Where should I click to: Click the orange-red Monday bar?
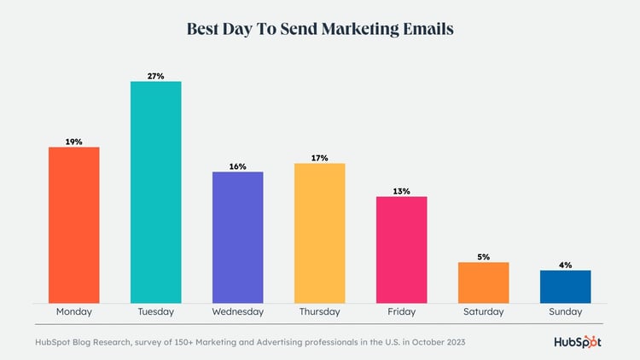[73, 224]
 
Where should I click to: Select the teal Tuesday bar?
[155, 192]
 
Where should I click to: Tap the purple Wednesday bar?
[237, 237]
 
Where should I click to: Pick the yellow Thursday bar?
[319, 233]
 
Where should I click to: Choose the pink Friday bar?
[401, 249]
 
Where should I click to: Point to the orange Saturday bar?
[483, 282]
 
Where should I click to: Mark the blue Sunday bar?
[565, 287]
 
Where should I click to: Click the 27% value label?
[155, 76]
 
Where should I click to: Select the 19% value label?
[73, 142]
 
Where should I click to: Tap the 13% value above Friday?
[401, 191]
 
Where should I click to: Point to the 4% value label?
[565, 265]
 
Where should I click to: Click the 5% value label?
[483, 257]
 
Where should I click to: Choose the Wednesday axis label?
[237, 312]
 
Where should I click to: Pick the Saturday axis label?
[483, 312]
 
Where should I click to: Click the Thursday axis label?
[319, 312]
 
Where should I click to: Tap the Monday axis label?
[73, 312]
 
